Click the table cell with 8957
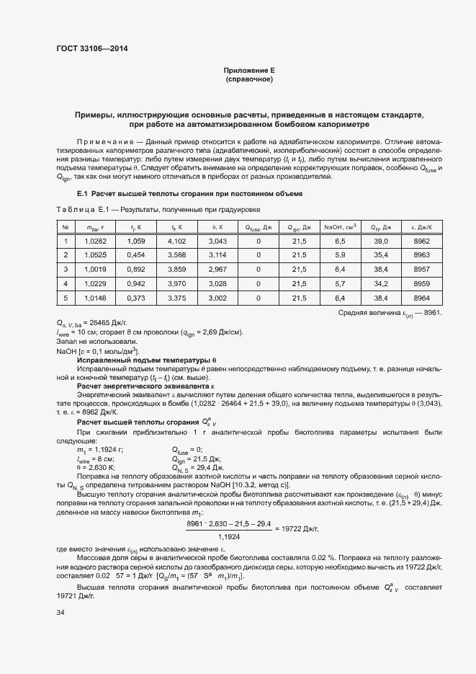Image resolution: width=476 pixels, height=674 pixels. coord(422,269)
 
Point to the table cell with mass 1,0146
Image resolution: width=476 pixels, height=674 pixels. coord(95,298)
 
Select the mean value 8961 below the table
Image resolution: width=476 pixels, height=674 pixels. coord(431,312)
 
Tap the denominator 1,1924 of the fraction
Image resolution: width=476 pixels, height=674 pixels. coord(229,537)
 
